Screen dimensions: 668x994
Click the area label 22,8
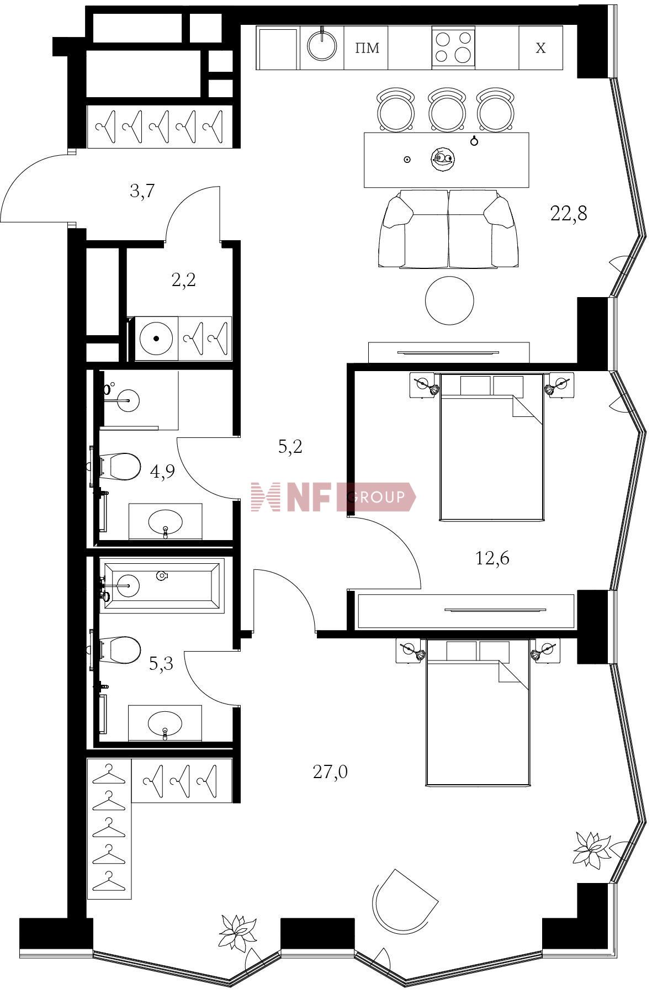(569, 213)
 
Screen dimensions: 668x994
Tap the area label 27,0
(330, 771)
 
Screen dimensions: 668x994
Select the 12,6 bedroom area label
(492, 558)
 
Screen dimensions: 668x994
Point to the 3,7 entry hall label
(142, 192)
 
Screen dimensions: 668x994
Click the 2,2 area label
(183, 281)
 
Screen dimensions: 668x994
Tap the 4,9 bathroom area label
(162, 471)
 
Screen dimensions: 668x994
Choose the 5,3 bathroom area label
(161, 663)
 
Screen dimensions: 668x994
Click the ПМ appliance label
(367, 48)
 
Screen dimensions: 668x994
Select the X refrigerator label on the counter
(540, 48)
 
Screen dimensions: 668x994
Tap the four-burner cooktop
(453, 47)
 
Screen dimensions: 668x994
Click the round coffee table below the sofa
(449, 301)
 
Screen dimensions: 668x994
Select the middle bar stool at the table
(447, 109)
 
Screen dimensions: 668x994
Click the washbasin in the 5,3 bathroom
(166, 723)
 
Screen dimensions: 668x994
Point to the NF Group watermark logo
(333, 496)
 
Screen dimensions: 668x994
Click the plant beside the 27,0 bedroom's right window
(591, 848)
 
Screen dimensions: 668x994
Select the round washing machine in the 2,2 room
(157, 339)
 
